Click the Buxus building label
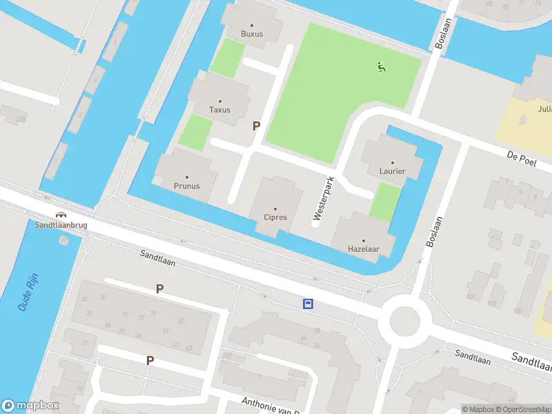[x=252, y=34]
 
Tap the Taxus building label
[x=220, y=110]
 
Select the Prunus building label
[x=186, y=186]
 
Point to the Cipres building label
[x=275, y=217]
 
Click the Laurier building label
[x=392, y=171]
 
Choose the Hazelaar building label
[x=364, y=248]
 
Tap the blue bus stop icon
[x=308, y=304]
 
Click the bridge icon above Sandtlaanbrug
[x=61, y=215]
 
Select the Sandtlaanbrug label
[x=61, y=225]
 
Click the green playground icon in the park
[x=381, y=67]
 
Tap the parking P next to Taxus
[x=257, y=126]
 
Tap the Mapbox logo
[x=30, y=406]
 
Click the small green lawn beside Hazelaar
[x=385, y=201]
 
